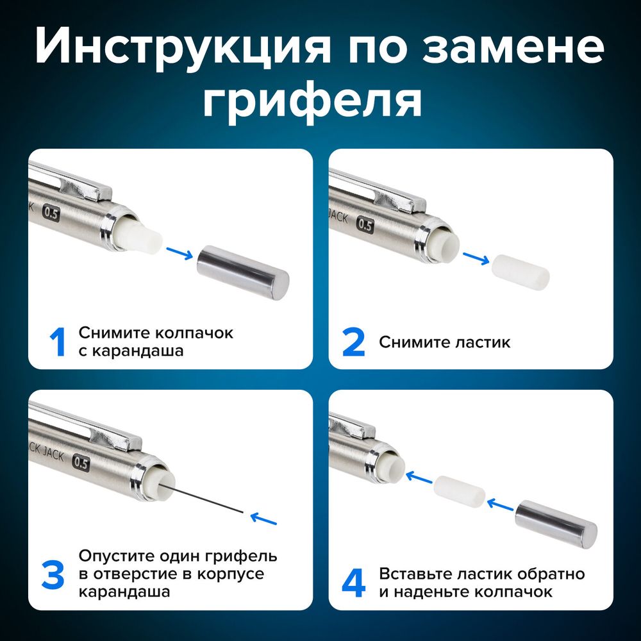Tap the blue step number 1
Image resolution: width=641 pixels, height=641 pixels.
(58, 342)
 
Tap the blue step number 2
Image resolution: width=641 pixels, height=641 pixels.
(353, 342)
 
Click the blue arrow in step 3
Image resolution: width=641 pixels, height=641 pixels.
(265, 517)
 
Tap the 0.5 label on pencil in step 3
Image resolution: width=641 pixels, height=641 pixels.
(81, 462)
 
